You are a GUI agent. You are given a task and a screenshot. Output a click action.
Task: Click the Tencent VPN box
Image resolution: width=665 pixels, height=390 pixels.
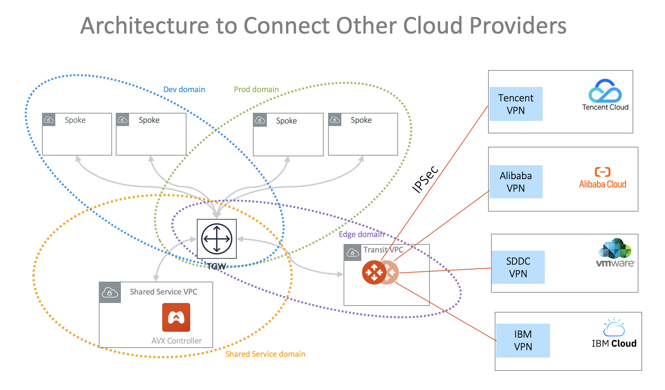[x=516, y=104]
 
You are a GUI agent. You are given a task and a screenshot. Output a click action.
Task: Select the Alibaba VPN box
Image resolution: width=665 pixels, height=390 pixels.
[x=516, y=182]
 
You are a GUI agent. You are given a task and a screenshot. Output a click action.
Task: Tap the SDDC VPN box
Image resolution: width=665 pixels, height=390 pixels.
[x=518, y=267]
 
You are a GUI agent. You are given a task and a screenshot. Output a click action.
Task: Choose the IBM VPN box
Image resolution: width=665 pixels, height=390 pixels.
[x=523, y=340]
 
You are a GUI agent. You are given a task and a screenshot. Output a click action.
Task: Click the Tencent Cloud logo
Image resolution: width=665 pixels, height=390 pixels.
[x=605, y=95]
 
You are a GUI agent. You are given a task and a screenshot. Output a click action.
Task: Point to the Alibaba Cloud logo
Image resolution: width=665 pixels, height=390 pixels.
[x=602, y=178]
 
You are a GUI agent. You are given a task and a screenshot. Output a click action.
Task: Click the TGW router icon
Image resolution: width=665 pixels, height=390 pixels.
[x=217, y=239]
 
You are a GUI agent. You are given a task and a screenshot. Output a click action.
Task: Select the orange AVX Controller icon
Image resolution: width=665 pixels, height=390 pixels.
[x=176, y=317]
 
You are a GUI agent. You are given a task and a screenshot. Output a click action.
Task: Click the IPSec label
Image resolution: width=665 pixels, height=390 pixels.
[x=425, y=180]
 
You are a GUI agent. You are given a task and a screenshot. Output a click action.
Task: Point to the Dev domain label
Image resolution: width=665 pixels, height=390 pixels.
[x=184, y=90]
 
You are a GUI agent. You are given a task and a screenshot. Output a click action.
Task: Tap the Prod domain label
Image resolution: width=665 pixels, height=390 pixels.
[x=256, y=90]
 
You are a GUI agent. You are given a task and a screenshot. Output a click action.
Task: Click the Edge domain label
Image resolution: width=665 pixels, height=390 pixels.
[x=361, y=234]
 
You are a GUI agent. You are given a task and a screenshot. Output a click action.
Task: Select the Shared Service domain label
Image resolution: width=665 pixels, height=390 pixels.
[x=265, y=354]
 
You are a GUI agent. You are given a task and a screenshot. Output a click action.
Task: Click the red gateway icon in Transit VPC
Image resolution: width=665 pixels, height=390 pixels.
[x=375, y=272]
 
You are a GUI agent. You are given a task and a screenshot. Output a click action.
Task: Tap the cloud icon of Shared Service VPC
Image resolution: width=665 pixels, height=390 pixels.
[x=110, y=293]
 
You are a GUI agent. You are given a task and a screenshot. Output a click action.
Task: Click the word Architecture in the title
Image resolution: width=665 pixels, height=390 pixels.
[x=145, y=26]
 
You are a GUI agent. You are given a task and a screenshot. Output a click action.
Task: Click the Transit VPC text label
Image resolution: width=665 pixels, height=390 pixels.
[x=383, y=250]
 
